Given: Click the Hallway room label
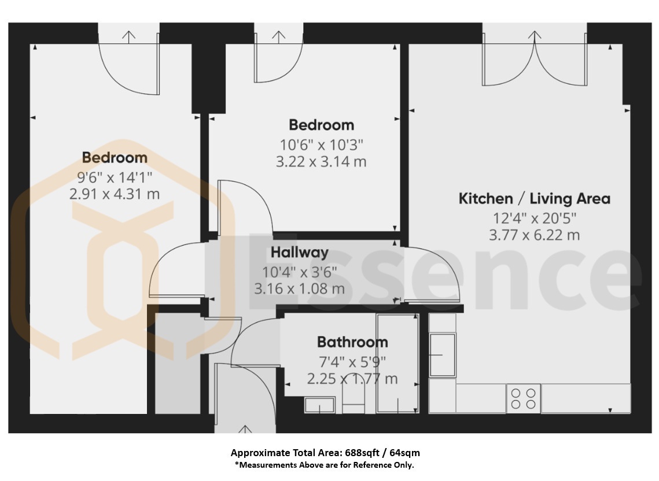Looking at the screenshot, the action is pyautogui.click(x=299, y=253).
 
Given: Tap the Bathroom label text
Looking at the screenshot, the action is pyautogui.click(x=352, y=342).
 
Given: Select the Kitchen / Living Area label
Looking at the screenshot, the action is pyautogui.click(x=534, y=198).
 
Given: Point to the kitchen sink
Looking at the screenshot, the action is pyautogui.click(x=442, y=355).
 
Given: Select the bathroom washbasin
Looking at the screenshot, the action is pyautogui.click(x=319, y=405).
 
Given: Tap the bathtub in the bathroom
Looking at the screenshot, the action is pyautogui.click(x=397, y=363).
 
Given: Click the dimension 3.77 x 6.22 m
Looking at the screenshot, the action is pyautogui.click(x=534, y=235).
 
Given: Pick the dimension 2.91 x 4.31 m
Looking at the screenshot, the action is pyautogui.click(x=115, y=194).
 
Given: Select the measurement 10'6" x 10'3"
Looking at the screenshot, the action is pyautogui.click(x=321, y=145).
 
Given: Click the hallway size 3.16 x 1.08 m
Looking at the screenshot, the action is pyautogui.click(x=299, y=288).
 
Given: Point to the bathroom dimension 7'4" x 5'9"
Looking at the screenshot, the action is pyautogui.click(x=352, y=361).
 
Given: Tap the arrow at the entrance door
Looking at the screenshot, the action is pyautogui.click(x=245, y=429).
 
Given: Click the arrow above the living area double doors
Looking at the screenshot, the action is pyautogui.click(x=535, y=36).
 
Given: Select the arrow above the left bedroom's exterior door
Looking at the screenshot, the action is pyautogui.click(x=129, y=36).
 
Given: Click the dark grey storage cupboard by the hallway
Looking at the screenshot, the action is pyautogui.click(x=178, y=364).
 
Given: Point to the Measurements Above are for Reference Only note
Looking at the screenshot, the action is pyautogui.click(x=324, y=465).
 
